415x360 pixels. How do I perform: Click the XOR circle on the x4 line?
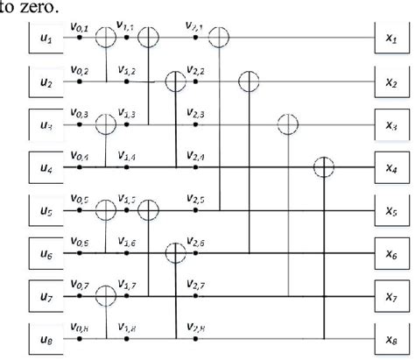tap(325, 166)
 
